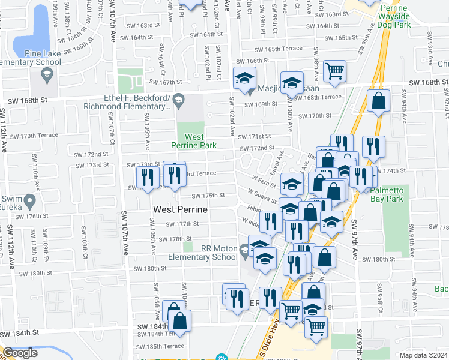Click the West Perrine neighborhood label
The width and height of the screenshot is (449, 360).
click(x=181, y=209)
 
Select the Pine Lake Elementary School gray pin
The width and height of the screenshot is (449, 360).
click(x=47, y=74)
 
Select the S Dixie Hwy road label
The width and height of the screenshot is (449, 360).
click(x=274, y=341)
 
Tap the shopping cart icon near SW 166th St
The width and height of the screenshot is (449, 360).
click(x=334, y=71)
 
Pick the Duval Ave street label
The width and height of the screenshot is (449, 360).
click(x=277, y=163)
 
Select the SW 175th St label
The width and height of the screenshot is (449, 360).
click(x=208, y=196)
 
